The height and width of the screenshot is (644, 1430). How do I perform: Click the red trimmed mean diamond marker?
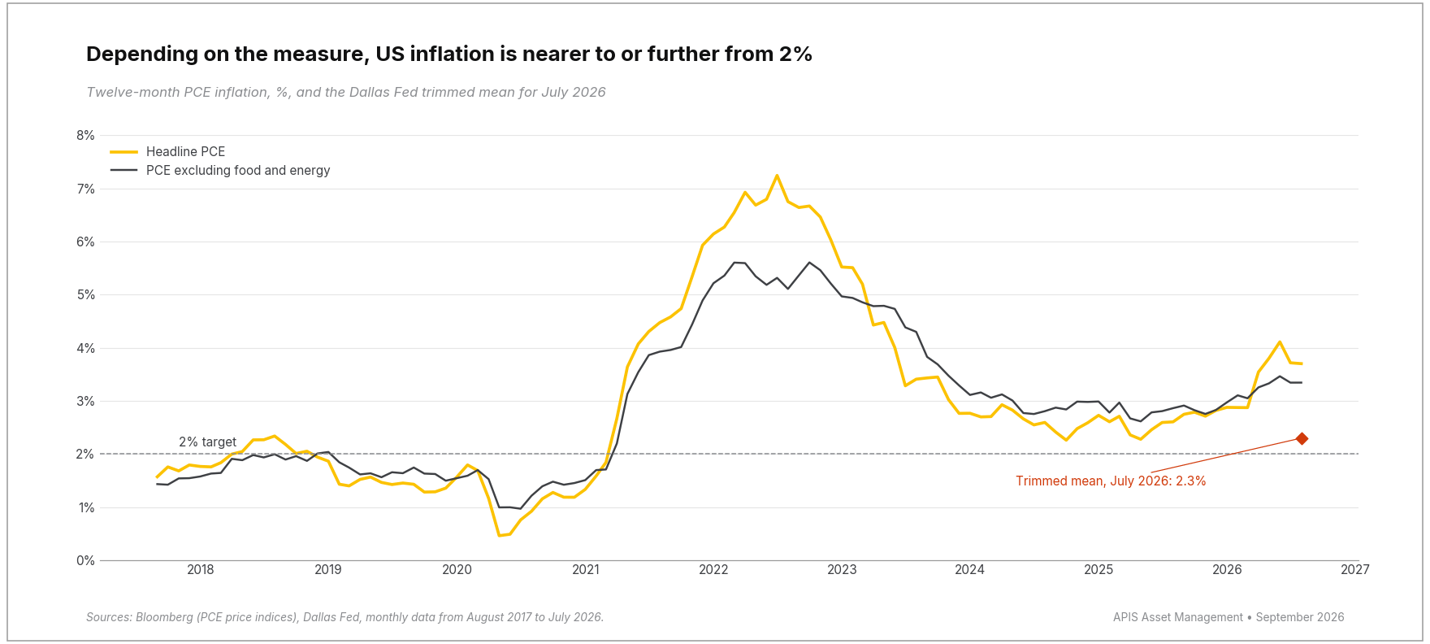tap(1302, 439)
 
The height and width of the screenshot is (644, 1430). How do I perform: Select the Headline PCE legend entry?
tap(168, 152)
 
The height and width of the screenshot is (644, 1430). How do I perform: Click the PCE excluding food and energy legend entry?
tap(220, 171)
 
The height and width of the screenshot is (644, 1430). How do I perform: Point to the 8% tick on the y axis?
tap(85, 136)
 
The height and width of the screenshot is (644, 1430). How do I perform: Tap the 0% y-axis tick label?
tap(85, 561)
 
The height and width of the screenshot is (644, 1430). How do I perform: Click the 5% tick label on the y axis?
tap(85, 295)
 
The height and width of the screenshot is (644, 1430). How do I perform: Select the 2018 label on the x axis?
tap(201, 570)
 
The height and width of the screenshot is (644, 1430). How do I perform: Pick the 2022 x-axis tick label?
tap(714, 570)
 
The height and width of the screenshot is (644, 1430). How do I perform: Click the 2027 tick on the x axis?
tap(1355, 570)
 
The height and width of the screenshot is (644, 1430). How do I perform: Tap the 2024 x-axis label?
tap(970, 570)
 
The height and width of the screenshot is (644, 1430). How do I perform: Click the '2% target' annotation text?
tap(207, 442)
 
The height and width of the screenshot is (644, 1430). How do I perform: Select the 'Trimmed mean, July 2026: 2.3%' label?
tap(1111, 481)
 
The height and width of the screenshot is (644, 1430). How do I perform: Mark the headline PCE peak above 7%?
tap(777, 176)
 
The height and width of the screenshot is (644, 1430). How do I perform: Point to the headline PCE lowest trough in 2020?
tap(499, 535)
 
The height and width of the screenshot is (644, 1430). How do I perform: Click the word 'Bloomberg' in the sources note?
tap(164, 618)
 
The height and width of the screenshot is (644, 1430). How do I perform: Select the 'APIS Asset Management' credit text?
tap(1178, 618)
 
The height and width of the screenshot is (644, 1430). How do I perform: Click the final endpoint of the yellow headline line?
tap(1302, 363)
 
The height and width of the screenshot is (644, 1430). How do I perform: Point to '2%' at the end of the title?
tap(795, 54)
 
